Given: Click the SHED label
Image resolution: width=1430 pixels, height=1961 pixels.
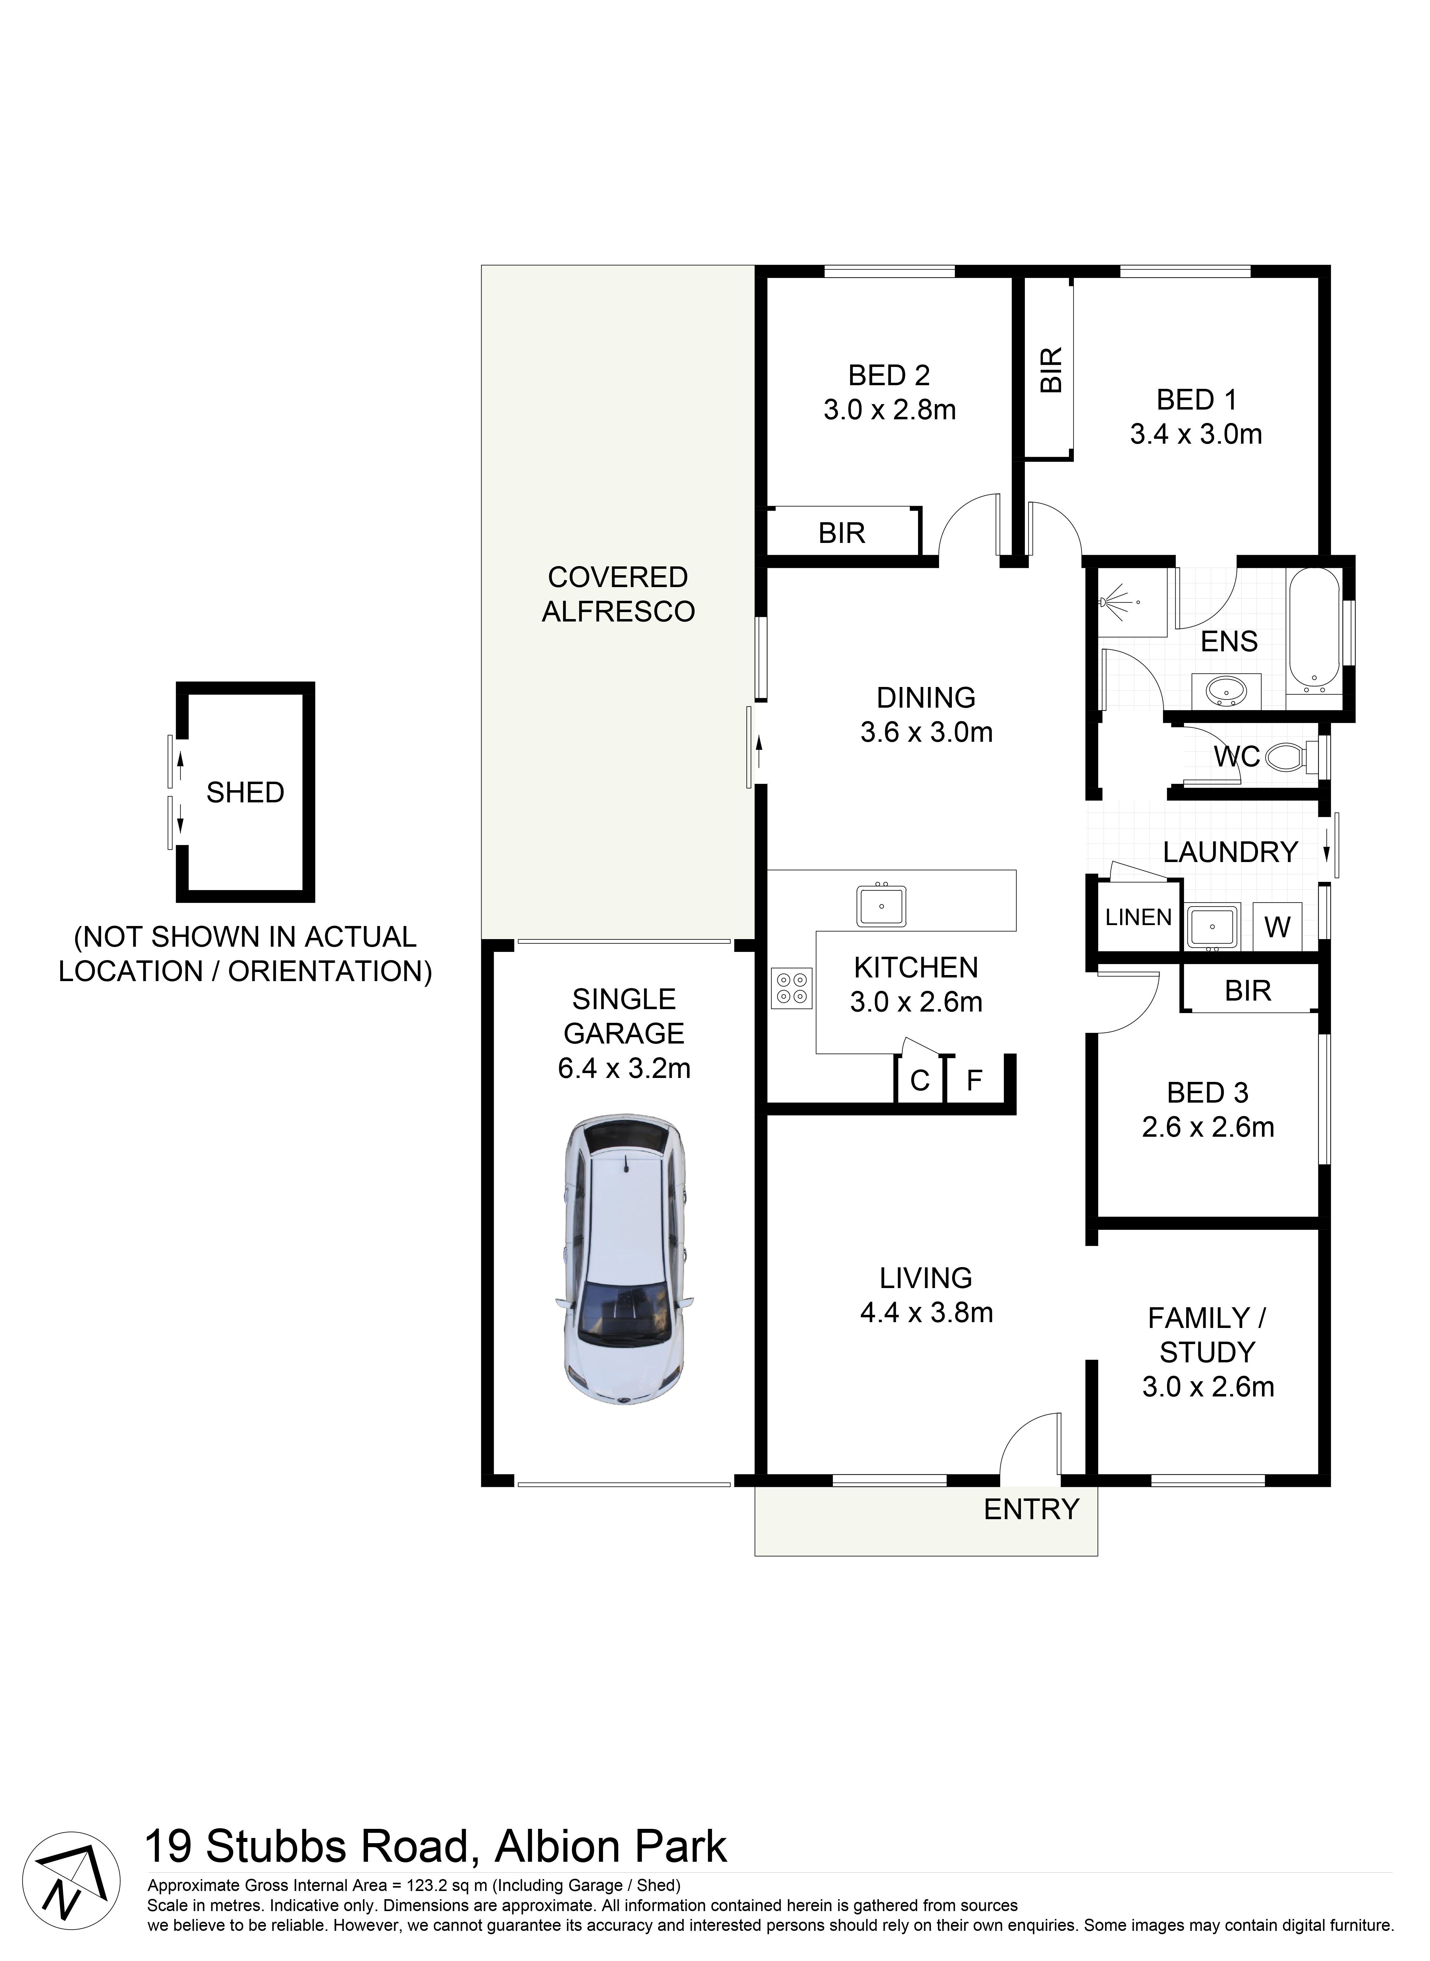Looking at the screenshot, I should coord(245,792).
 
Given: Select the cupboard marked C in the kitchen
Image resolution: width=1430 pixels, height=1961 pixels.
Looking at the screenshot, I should coord(919,1080).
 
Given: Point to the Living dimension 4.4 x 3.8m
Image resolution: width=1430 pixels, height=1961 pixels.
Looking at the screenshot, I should coord(925,1312).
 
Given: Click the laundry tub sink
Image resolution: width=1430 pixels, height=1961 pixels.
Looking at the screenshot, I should coord(1212,926).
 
